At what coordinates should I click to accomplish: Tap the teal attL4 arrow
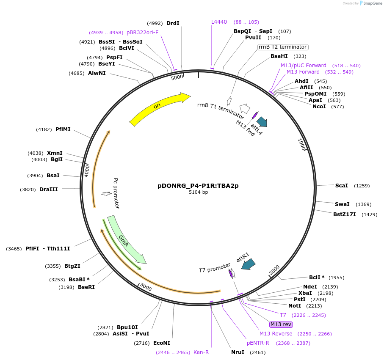point(262,122)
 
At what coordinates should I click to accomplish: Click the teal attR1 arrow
point(248,264)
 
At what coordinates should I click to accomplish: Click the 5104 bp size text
point(198,192)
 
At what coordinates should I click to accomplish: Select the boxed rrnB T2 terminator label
point(283,47)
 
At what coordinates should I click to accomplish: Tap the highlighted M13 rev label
point(281,324)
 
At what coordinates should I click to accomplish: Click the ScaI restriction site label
point(341,185)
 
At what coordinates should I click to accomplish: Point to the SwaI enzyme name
point(342,204)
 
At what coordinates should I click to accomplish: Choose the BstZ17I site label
point(344,214)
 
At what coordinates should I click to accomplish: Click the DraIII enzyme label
point(49,190)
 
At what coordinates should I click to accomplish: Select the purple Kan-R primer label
point(201,352)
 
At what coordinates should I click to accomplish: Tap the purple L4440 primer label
point(219,22)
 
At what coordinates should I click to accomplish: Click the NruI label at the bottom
point(238,352)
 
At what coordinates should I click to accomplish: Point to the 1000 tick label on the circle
point(301,145)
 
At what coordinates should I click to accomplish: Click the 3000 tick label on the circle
point(146,287)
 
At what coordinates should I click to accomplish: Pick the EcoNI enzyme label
point(162,343)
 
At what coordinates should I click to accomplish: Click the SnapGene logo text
point(370,3)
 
